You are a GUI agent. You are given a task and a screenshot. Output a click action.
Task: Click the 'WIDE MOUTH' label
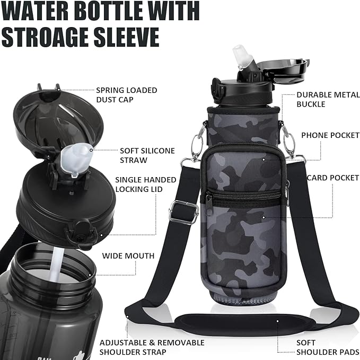[x=128, y=256]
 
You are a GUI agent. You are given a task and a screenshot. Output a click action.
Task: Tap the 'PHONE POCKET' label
[x=330, y=135]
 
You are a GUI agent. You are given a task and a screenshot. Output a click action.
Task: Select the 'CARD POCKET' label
[x=333, y=178]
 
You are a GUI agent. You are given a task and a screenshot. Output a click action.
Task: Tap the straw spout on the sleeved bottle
[x=240, y=58]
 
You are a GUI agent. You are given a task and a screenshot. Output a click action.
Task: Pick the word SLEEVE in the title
[x=130, y=36]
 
